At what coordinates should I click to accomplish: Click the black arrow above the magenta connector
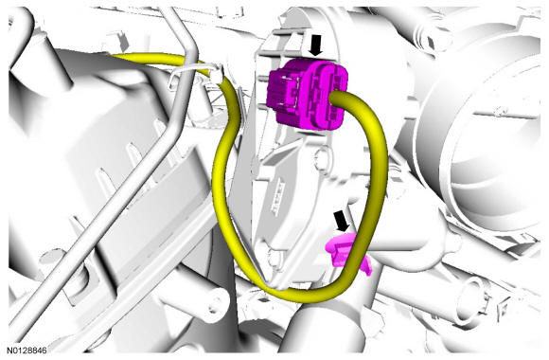pos(316,45)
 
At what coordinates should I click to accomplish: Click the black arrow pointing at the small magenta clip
pos(341,221)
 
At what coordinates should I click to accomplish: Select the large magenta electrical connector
pos(308,95)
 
